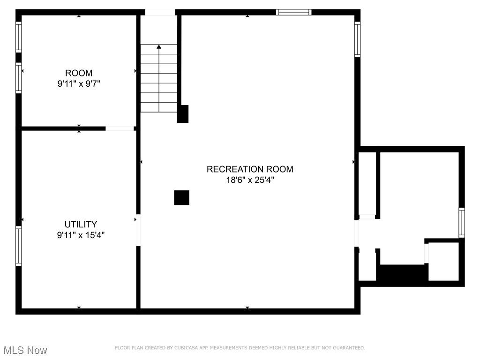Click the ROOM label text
pos(79,73)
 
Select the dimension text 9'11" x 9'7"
pos(79,84)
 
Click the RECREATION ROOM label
pos(250,169)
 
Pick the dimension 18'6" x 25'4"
pos(250,180)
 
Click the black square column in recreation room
pos(181,197)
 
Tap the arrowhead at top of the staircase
pos(159,46)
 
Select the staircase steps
pos(159,80)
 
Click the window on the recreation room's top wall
pos(293,12)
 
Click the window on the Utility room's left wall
pos(19,246)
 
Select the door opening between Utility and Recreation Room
pos(138,230)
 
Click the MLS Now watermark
pos(25,350)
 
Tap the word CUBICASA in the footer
pos(186,348)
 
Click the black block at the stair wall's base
pos(183,114)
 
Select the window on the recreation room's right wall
pos(357,40)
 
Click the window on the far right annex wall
pos(462,223)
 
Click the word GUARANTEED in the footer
pos(349,348)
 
